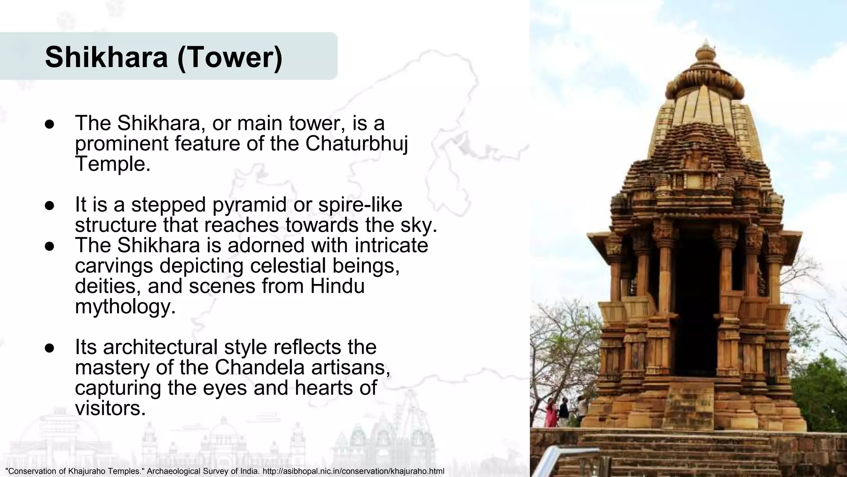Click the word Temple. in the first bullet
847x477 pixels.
click(112, 164)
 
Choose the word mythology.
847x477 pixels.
click(125, 306)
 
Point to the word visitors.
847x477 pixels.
click(110, 408)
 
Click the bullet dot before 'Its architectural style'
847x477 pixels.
click(50, 348)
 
